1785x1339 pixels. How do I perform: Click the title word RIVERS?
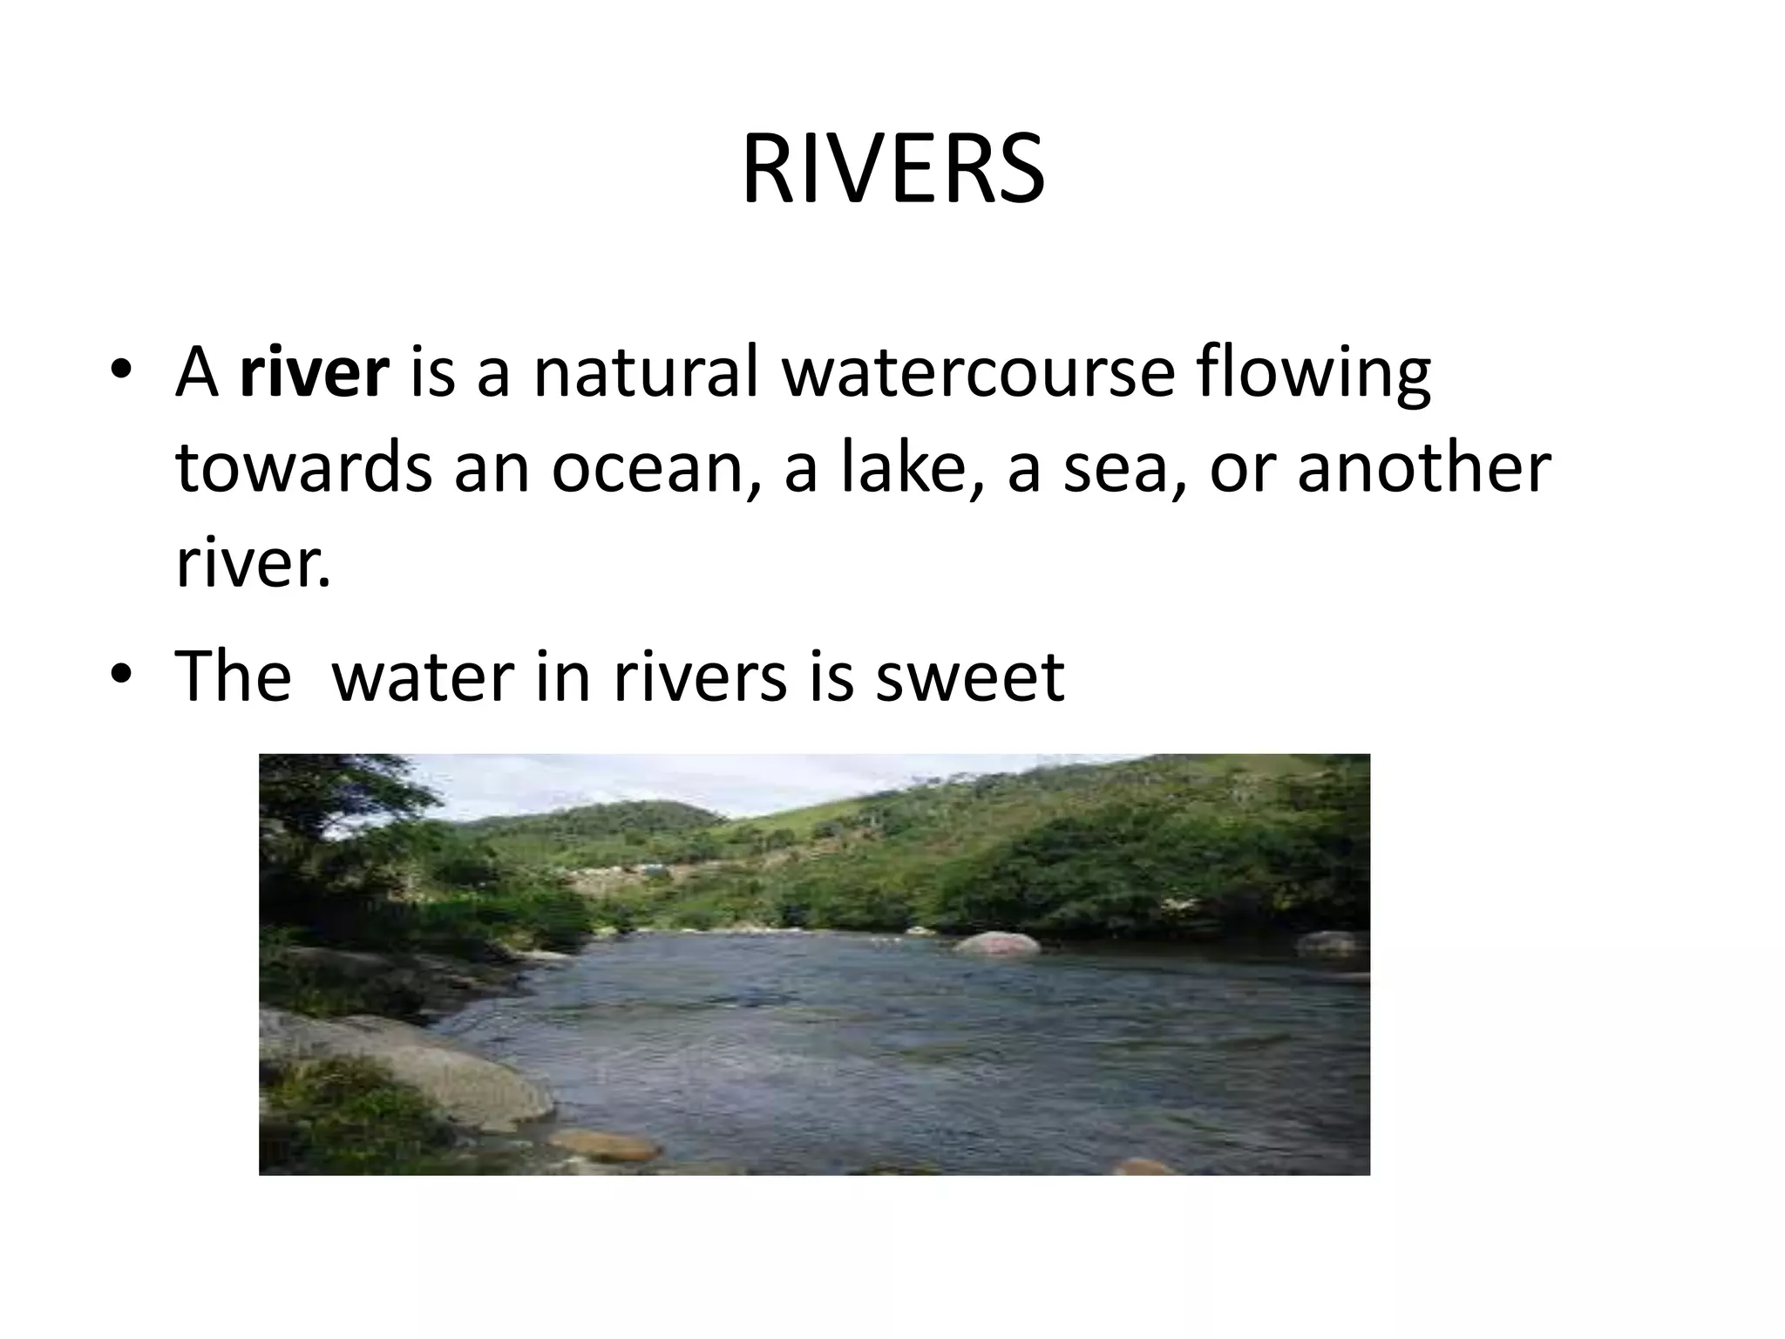coord(892,169)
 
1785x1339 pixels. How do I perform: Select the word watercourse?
coord(976,373)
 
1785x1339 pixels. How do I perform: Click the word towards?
coord(302,468)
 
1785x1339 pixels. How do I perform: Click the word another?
coord(1424,468)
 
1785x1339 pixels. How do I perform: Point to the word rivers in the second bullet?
coord(700,676)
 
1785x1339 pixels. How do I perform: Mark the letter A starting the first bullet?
coord(197,373)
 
